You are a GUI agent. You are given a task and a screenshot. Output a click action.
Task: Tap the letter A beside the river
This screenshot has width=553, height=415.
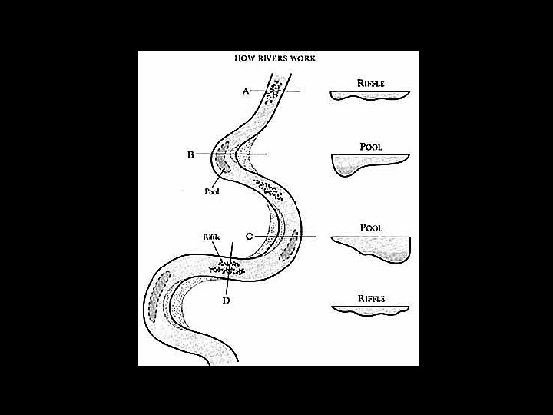[246, 91]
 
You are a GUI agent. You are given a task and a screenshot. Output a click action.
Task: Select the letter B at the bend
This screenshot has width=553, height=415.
[190, 154]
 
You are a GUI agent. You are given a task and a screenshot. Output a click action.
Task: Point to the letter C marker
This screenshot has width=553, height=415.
[249, 236]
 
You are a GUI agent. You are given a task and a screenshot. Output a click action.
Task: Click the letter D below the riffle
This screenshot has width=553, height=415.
[226, 300]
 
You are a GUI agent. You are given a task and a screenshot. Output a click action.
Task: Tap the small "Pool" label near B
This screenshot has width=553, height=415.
[211, 192]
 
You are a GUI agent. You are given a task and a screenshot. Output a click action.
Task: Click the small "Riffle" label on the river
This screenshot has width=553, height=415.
[212, 237]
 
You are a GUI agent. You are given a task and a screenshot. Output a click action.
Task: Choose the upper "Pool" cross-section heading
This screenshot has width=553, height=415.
[371, 145]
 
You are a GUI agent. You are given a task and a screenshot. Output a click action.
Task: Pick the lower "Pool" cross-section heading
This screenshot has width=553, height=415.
[371, 228]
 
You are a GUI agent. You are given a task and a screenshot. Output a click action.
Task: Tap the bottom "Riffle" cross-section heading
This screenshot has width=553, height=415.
[370, 297]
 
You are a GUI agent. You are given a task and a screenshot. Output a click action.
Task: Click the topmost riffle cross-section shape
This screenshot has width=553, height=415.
[369, 95]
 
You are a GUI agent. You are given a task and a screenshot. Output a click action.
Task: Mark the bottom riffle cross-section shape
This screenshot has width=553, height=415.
[369, 310]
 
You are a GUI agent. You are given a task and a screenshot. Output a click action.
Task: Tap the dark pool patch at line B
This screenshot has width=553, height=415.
[221, 160]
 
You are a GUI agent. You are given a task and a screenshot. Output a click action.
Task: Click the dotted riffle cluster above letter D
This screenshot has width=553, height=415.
[227, 267]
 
